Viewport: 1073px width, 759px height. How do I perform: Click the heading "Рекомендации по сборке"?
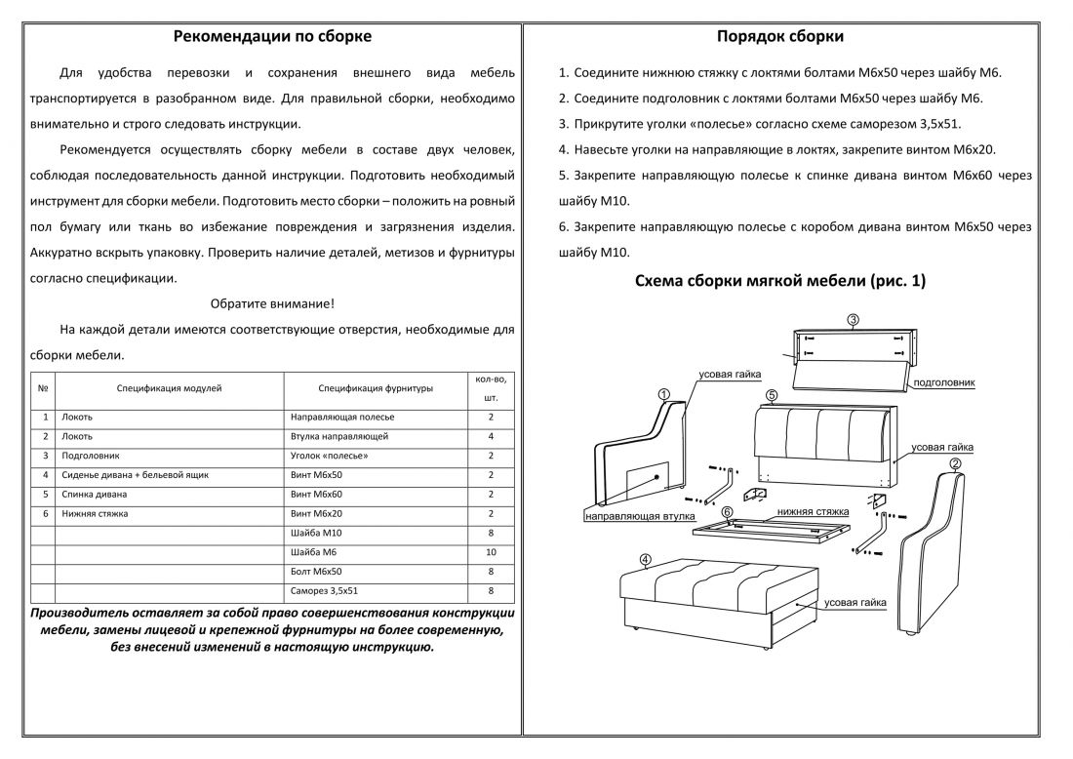(272, 37)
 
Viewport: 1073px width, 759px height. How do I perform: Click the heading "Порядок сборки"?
(779, 37)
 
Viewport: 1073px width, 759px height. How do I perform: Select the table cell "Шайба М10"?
(317, 533)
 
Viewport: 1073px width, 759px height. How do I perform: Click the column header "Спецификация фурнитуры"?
(376, 388)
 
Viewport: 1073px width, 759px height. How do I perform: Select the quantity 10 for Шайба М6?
(491, 552)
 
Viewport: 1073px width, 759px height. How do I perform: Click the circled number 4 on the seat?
(646, 560)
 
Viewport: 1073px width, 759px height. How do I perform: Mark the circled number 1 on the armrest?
(663, 395)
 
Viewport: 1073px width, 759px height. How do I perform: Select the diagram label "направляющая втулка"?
(639, 515)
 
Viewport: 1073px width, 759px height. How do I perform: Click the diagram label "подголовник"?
(943, 383)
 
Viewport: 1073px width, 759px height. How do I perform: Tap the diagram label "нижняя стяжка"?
(813, 511)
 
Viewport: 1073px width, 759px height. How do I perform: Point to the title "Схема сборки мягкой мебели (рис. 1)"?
(779, 281)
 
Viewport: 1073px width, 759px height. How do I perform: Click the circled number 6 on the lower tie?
(727, 511)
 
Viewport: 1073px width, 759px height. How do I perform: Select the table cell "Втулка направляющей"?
(339, 436)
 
